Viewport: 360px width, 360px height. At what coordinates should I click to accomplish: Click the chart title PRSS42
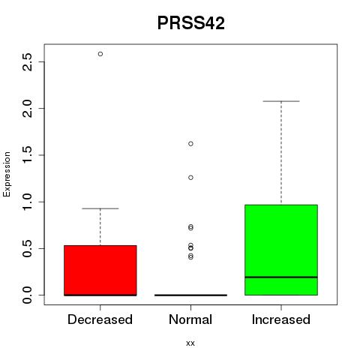(x=191, y=23)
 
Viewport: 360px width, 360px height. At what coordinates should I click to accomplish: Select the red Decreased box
(x=100, y=271)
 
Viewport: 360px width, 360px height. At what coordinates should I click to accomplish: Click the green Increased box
(x=281, y=250)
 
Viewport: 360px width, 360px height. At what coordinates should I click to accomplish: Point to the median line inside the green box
(x=281, y=277)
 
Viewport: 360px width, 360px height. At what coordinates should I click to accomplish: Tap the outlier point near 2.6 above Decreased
(x=100, y=54)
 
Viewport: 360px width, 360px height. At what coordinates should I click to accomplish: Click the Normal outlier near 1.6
(x=190, y=144)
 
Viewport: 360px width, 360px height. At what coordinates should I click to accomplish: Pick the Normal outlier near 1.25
(x=190, y=178)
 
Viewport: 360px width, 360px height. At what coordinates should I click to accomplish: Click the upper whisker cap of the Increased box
(x=281, y=101)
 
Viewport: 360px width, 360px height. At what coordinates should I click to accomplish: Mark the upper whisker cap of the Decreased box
(x=100, y=208)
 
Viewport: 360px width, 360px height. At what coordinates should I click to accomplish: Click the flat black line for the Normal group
(x=190, y=295)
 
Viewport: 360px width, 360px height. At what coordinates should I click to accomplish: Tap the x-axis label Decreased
(x=100, y=319)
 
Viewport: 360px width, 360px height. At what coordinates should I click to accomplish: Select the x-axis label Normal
(x=190, y=319)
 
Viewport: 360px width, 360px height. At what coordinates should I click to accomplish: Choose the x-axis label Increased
(x=281, y=319)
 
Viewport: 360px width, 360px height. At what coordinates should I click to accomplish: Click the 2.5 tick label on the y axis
(x=27, y=62)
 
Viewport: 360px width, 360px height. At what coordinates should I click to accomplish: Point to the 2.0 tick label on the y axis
(x=27, y=109)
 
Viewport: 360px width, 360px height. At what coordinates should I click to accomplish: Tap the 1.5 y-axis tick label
(x=27, y=155)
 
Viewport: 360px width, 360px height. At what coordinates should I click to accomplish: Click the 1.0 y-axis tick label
(x=27, y=202)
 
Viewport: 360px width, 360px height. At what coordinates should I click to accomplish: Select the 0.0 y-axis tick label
(x=27, y=295)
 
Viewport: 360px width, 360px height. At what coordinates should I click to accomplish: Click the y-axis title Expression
(x=7, y=174)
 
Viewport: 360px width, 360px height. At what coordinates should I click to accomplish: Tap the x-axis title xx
(x=190, y=343)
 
